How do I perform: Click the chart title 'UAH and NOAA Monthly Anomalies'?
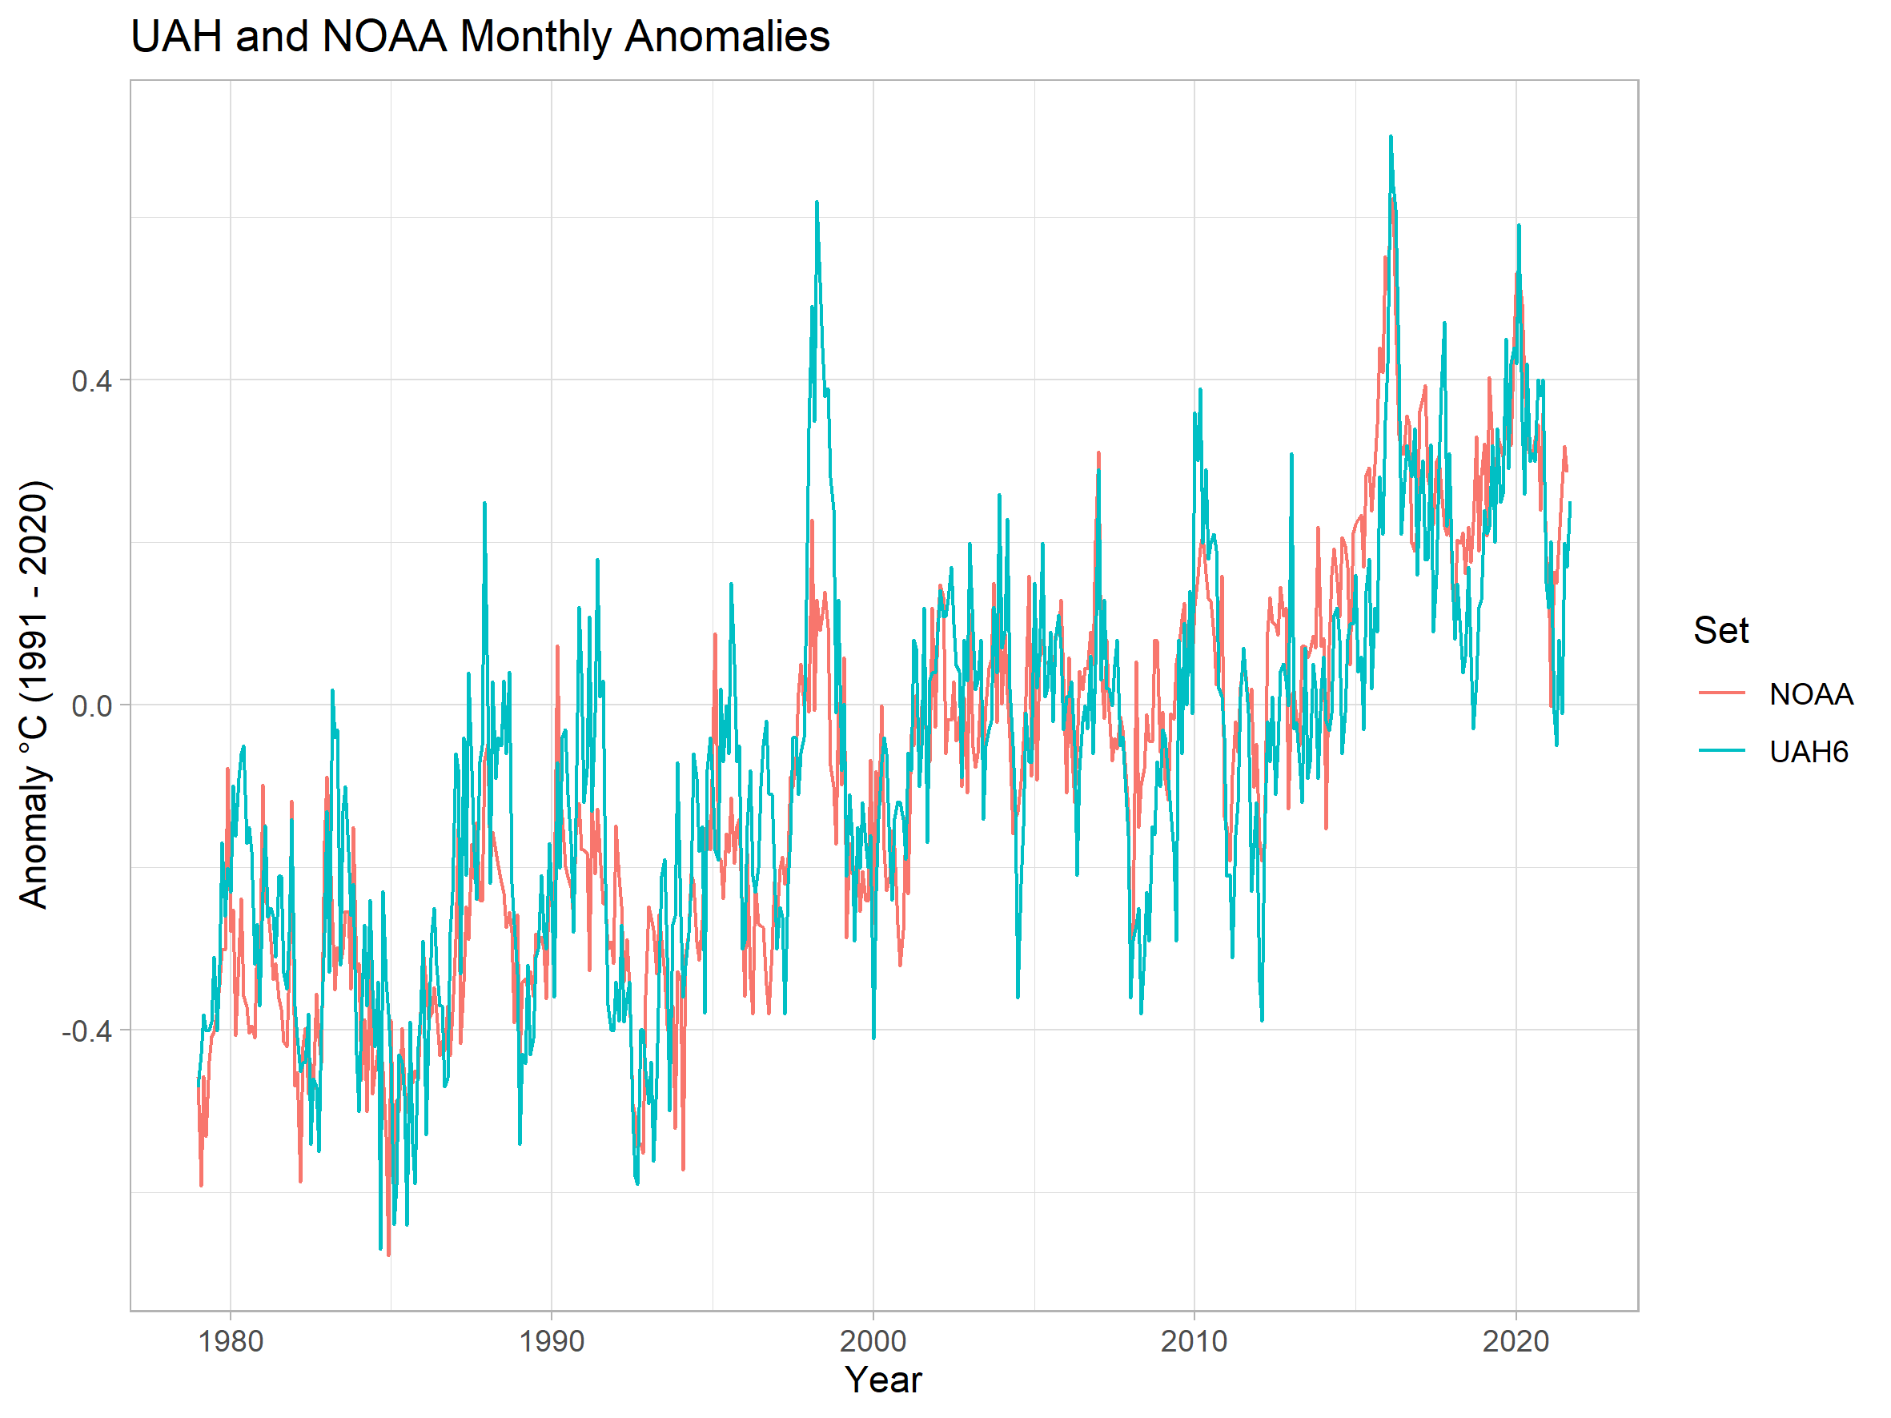[x=480, y=37]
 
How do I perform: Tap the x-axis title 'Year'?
[x=883, y=1380]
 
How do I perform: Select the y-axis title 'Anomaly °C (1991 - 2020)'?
[x=34, y=694]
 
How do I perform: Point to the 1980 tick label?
[x=230, y=1341]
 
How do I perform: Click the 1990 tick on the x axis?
[x=552, y=1341]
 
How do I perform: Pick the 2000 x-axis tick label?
[x=873, y=1341]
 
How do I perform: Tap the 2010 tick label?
[x=1194, y=1341]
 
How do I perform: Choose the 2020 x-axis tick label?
[x=1515, y=1341]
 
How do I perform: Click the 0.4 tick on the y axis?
[x=91, y=381]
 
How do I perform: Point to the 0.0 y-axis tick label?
[x=91, y=706]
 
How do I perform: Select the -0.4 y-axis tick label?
[x=86, y=1031]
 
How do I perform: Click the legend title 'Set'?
[x=1721, y=631]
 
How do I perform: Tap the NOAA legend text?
[x=1811, y=694]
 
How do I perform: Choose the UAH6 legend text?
[x=1808, y=752]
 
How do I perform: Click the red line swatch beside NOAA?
[x=1722, y=693]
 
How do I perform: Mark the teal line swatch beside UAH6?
[x=1722, y=750]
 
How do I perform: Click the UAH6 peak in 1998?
[x=817, y=203]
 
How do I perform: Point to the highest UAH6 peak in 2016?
[x=1391, y=137]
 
